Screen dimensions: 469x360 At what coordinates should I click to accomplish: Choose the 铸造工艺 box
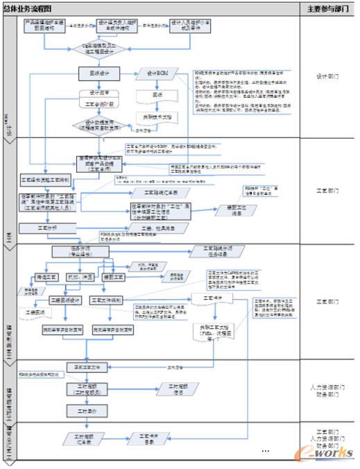pyautogui.click(x=47, y=277)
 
